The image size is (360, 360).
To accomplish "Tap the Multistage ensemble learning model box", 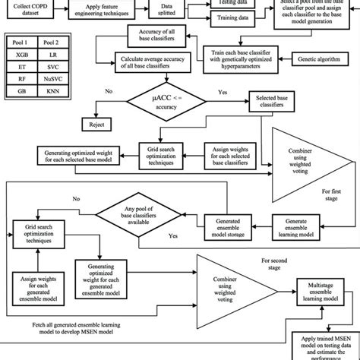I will (x=325, y=289).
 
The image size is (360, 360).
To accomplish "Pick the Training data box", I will (x=229, y=18).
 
